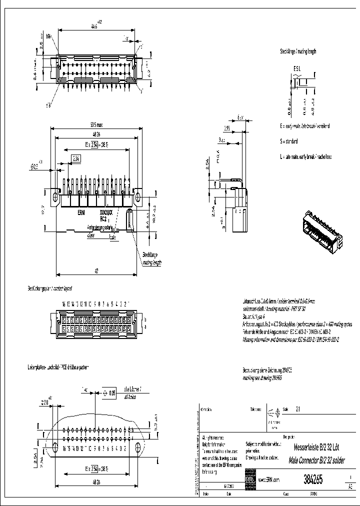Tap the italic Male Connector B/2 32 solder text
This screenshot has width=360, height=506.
pos(316,458)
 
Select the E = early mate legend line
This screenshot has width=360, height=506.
pos(304,126)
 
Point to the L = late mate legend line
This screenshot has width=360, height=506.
pos(306,157)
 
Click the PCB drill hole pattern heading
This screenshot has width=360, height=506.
pos(57,367)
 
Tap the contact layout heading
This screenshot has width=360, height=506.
pos(49,289)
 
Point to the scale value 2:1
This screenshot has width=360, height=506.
pos(298,408)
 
